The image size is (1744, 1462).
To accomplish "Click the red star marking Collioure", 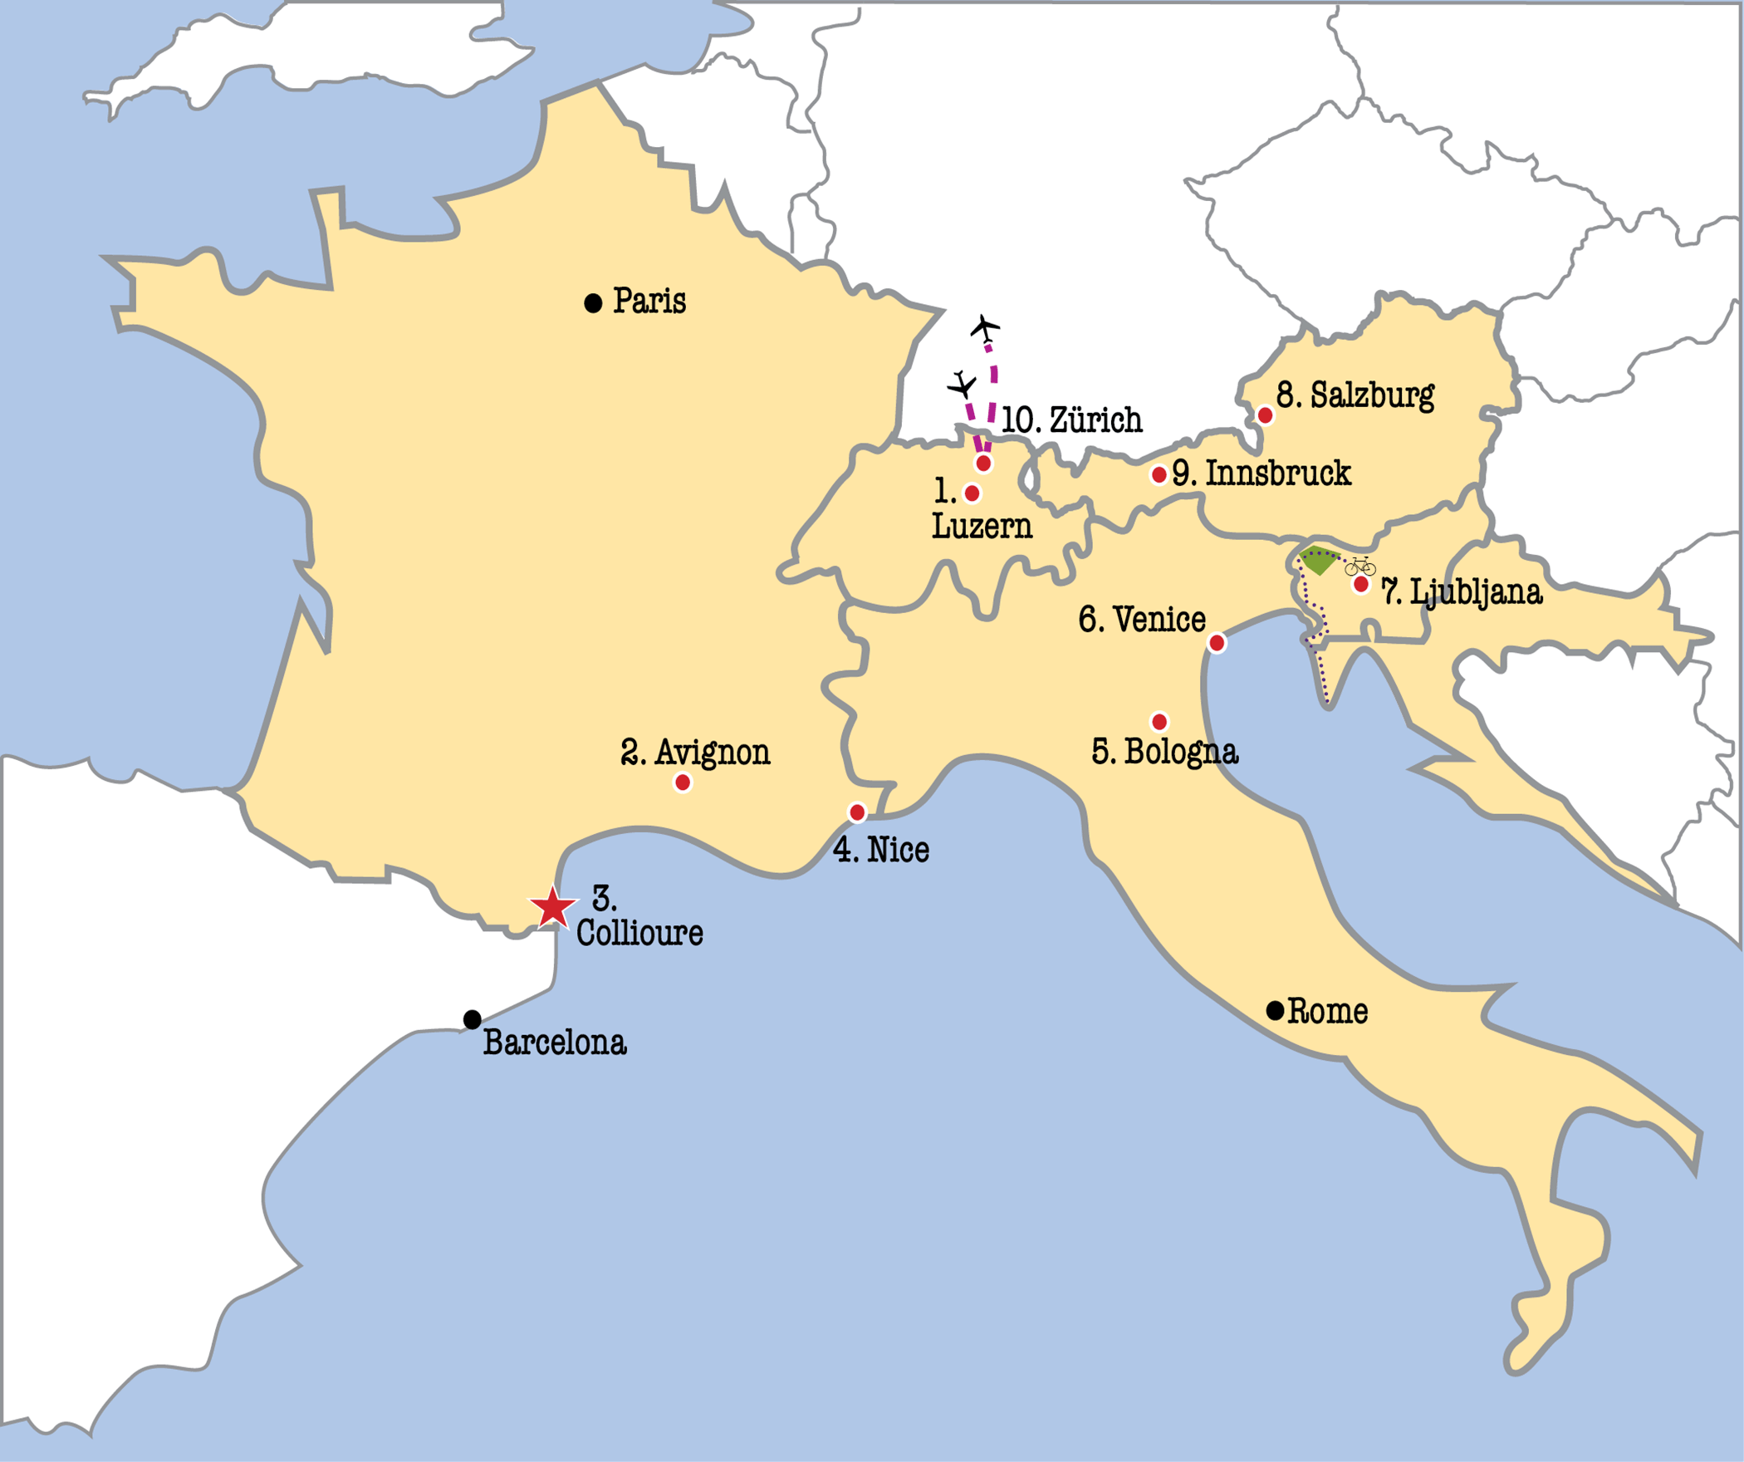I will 552,909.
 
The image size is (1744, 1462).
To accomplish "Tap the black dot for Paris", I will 593,303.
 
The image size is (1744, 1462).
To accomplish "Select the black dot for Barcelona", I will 473,1019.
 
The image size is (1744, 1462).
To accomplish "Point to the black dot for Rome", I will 1276,1011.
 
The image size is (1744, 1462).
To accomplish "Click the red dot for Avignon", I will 683,783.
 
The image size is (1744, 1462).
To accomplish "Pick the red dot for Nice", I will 857,812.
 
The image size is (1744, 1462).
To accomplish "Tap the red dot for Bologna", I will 1159,722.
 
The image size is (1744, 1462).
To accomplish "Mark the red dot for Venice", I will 1217,643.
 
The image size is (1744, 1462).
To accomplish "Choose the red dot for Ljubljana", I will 1361,585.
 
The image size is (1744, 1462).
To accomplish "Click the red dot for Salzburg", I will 1265,415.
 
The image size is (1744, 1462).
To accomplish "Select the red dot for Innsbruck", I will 1159,475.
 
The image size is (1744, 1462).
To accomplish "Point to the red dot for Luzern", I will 972,494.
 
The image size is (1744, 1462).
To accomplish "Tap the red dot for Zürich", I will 983,464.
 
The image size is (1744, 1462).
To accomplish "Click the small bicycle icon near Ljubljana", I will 1360,567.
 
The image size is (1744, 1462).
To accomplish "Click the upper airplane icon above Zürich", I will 986,329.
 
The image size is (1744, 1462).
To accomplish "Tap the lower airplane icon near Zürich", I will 963,385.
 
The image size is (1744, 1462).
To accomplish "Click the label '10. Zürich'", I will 1071,420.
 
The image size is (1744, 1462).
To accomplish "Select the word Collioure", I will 639,933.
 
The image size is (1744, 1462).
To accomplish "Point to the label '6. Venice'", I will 1142,620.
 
